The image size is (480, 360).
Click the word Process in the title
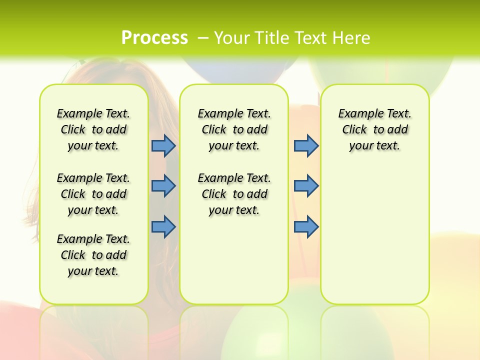point(154,37)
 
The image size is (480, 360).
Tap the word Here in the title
point(352,37)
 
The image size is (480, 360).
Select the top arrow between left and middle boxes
point(163,145)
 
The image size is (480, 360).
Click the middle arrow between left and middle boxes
point(163,186)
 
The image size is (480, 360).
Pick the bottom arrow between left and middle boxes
point(163,226)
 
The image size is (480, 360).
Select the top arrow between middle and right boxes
point(306,145)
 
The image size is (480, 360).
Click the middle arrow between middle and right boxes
point(306,186)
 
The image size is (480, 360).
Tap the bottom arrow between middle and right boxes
point(306,226)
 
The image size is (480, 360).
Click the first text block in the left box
point(93,129)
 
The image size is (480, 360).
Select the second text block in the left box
point(93,194)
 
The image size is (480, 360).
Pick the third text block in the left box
point(93,255)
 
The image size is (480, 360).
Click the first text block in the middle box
point(234,129)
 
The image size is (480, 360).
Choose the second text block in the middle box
point(234,194)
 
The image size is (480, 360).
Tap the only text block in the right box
point(374,129)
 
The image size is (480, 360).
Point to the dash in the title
point(203,38)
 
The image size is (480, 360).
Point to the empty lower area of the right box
point(374,235)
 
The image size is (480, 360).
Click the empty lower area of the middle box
point(234,260)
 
